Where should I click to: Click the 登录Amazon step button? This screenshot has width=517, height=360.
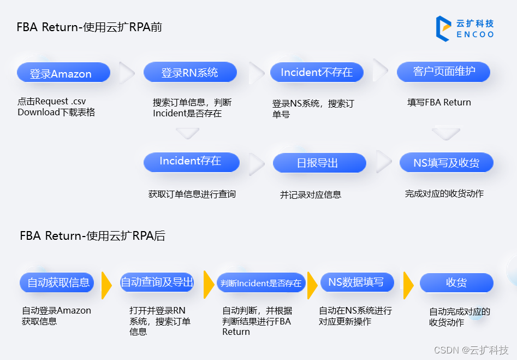tap(63, 73)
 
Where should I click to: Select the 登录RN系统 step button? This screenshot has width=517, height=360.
tap(190, 72)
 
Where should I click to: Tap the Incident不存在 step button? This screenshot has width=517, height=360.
tap(317, 72)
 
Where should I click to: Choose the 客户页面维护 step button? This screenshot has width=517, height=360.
tap(443, 72)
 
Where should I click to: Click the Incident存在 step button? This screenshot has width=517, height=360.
tap(191, 162)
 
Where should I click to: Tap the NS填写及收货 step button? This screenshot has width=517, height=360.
tap(447, 162)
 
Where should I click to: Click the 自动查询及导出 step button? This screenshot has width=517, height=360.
tap(157, 282)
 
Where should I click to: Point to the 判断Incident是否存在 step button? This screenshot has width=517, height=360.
tap(261, 283)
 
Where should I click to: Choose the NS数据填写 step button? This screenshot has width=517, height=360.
tap(356, 282)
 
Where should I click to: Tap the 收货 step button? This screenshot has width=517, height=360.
tap(456, 283)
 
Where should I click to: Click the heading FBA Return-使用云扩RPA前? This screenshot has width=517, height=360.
tap(90, 27)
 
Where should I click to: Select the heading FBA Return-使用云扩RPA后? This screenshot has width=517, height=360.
tap(93, 236)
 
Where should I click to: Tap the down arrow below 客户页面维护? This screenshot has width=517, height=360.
tap(446, 133)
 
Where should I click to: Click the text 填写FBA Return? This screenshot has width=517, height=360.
tap(439, 102)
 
